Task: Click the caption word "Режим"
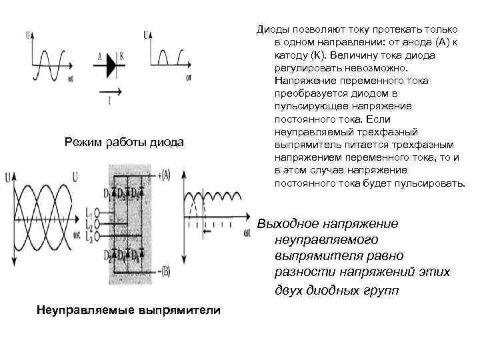(x=82, y=141)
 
